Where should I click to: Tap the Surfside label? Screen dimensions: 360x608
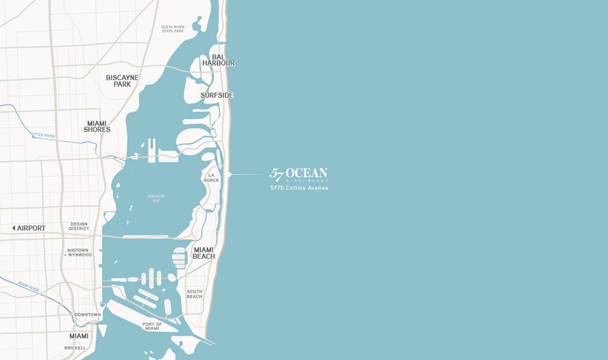tap(217, 95)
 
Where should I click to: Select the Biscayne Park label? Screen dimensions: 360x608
tap(122, 81)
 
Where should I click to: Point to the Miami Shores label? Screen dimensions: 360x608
tap(97, 127)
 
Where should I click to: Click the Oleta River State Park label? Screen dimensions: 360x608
tap(173, 28)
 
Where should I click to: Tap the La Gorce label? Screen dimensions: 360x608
tap(211, 178)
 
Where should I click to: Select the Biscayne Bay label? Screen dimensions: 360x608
tap(156, 199)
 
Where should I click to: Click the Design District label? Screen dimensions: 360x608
tap(79, 226)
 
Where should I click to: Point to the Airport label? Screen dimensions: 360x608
tap(32, 228)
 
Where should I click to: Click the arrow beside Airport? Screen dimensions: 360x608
tap(14, 228)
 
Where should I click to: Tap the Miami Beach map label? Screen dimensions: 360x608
tap(204, 253)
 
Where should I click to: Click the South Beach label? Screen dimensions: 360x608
tap(194, 294)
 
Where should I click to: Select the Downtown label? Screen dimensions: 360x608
tap(87, 315)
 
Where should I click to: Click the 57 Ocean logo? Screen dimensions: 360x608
tap(298, 174)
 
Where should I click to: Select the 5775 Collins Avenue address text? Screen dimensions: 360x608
tap(299, 187)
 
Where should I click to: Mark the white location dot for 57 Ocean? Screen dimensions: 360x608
tap(229, 174)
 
